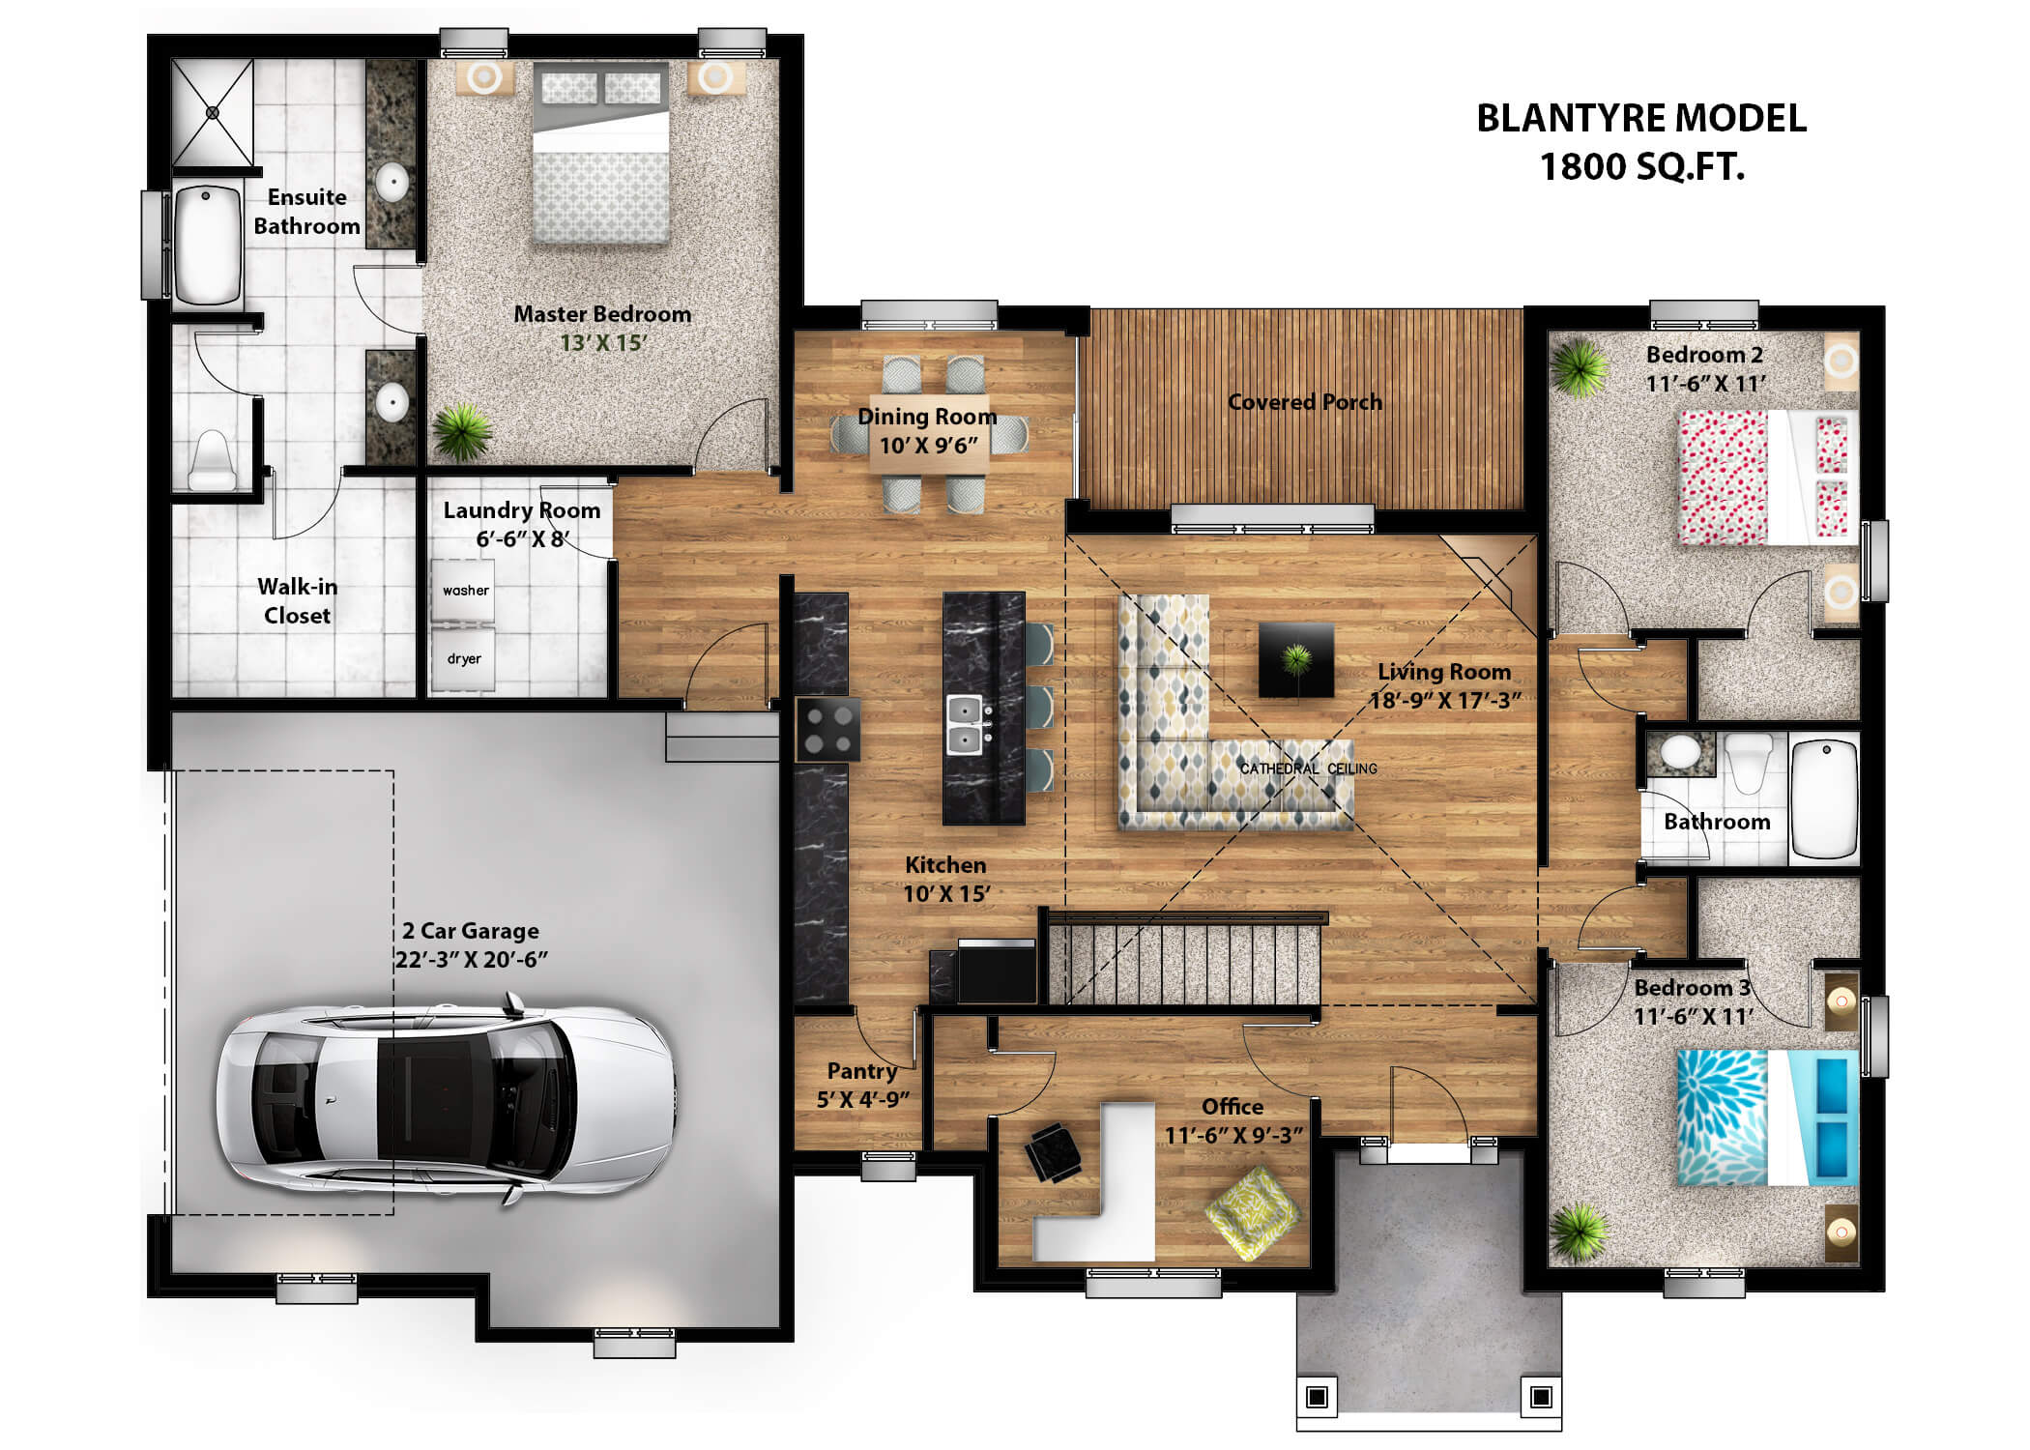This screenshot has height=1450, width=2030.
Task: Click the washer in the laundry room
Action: pyautogui.click(x=463, y=590)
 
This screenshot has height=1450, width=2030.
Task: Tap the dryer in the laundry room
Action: pyautogui.click(x=463, y=659)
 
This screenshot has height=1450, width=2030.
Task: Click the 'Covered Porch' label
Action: pyautogui.click(x=1304, y=402)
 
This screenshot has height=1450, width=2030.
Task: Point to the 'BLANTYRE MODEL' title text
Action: pyautogui.click(x=1640, y=119)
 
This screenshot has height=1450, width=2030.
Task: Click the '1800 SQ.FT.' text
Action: pyautogui.click(x=1641, y=167)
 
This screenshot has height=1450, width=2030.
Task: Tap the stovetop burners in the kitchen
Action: pyautogui.click(x=828, y=730)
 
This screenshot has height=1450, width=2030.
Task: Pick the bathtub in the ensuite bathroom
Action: pyautogui.click(x=206, y=246)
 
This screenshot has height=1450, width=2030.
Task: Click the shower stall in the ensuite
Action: pyautogui.click(x=213, y=112)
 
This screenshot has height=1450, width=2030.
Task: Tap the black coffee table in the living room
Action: pyautogui.click(x=1295, y=660)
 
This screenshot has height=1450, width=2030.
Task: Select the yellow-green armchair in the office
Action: pyautogui.click(x=1252, y=1213)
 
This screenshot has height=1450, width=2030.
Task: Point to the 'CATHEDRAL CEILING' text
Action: pyautogui.click(x=1308, y=768)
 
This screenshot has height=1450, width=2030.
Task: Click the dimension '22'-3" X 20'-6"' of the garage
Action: pyautogui.click(x=471, y=960)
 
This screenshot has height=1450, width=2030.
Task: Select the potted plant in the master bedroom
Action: pyautogui.click(x=462, y=431)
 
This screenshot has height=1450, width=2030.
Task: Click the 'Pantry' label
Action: pyautogui.click(x=861, y=1071)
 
